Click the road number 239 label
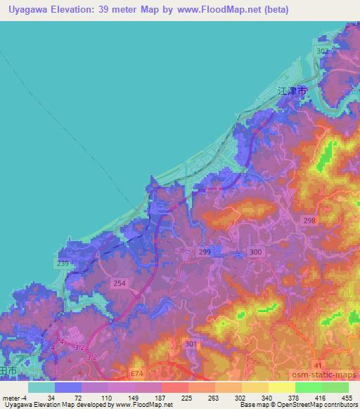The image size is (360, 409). tap(62, 264)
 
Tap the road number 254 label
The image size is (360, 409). tap(120, 283)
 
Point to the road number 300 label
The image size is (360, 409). tap(256, 252)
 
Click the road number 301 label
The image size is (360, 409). tap(210, 344)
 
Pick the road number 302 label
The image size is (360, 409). tap(323, 52)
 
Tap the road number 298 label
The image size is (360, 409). tap(310, 220)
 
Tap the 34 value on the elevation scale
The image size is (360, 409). tap(51, 398)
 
